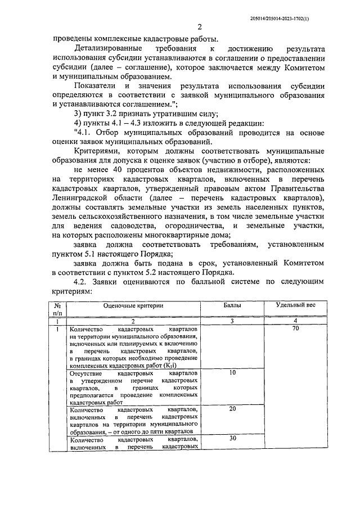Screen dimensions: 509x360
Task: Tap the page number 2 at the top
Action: click(200, 28)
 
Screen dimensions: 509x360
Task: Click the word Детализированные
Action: click(104, 49)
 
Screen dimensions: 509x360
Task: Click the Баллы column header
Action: click(232, 304)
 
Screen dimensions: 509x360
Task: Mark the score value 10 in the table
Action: click(232, 372)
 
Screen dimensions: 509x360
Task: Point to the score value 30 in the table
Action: click(232, 438)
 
